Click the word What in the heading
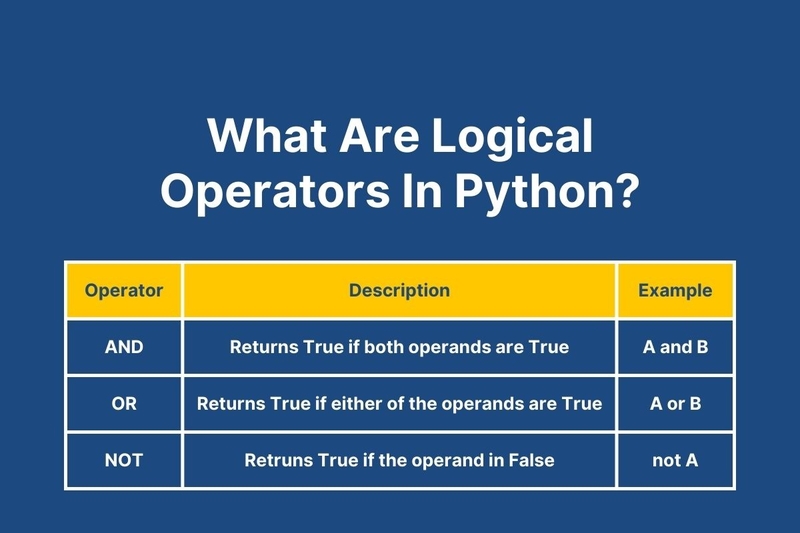point(266,135)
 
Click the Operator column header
point(124,290)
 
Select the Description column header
point(399,290)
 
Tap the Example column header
point(675,290)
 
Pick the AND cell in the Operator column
point(124,347)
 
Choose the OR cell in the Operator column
point(124,403)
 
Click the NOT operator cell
point(123,460)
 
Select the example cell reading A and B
point(676,347)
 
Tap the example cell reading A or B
point(676,403)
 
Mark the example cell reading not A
point(675,460)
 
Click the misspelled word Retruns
point(278,460)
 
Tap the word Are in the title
point(379,135)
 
